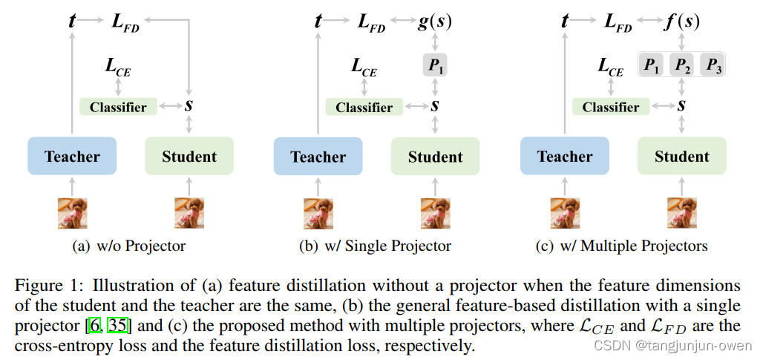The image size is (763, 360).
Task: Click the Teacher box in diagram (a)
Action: coord(72,157)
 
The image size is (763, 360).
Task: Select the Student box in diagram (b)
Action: coord(436,157)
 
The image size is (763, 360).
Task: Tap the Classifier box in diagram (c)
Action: coord(611,107)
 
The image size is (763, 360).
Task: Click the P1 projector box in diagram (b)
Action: coord(436,67)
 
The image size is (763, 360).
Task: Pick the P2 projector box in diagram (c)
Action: coord(682,65)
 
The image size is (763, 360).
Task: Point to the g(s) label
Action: coord(435,22)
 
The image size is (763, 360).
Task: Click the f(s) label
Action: coord(681,22)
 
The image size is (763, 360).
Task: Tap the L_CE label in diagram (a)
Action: coord(119,69)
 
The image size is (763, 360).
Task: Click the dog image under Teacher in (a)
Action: coord(73,213)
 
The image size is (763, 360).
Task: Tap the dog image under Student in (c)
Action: coord(681,213)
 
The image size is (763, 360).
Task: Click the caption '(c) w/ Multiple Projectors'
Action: coord(621,246)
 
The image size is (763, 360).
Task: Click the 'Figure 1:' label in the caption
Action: coord(48,286)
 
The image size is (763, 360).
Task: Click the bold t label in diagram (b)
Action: coord(318,22)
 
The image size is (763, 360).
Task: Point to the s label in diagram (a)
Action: coord(189,105)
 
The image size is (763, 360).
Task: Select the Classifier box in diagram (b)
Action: coord(364,107)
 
